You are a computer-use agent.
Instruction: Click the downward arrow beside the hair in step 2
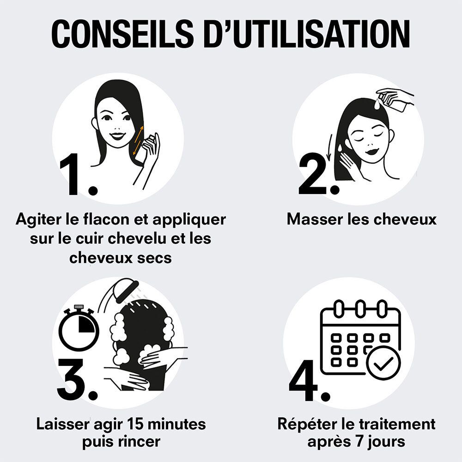click(x=329, y=150)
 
